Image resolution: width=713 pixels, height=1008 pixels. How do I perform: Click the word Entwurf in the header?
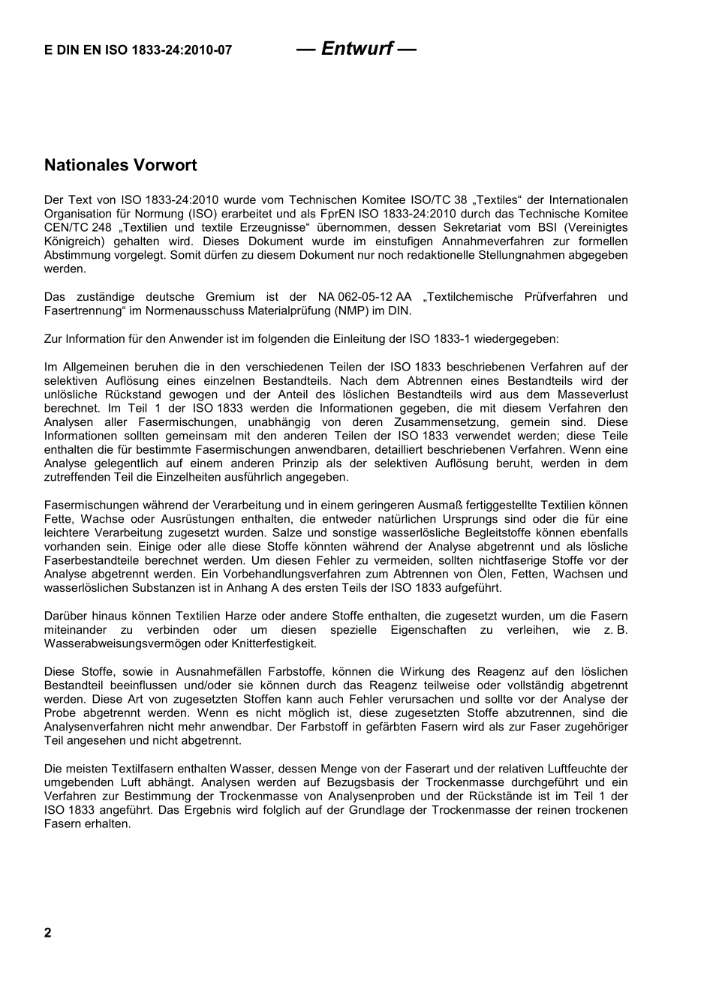(356, 49)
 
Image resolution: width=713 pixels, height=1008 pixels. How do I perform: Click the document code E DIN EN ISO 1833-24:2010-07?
(137, 51)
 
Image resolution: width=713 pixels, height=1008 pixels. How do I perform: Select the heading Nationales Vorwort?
(120, 165)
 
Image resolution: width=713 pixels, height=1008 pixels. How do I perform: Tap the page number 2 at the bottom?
(48, 933)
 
